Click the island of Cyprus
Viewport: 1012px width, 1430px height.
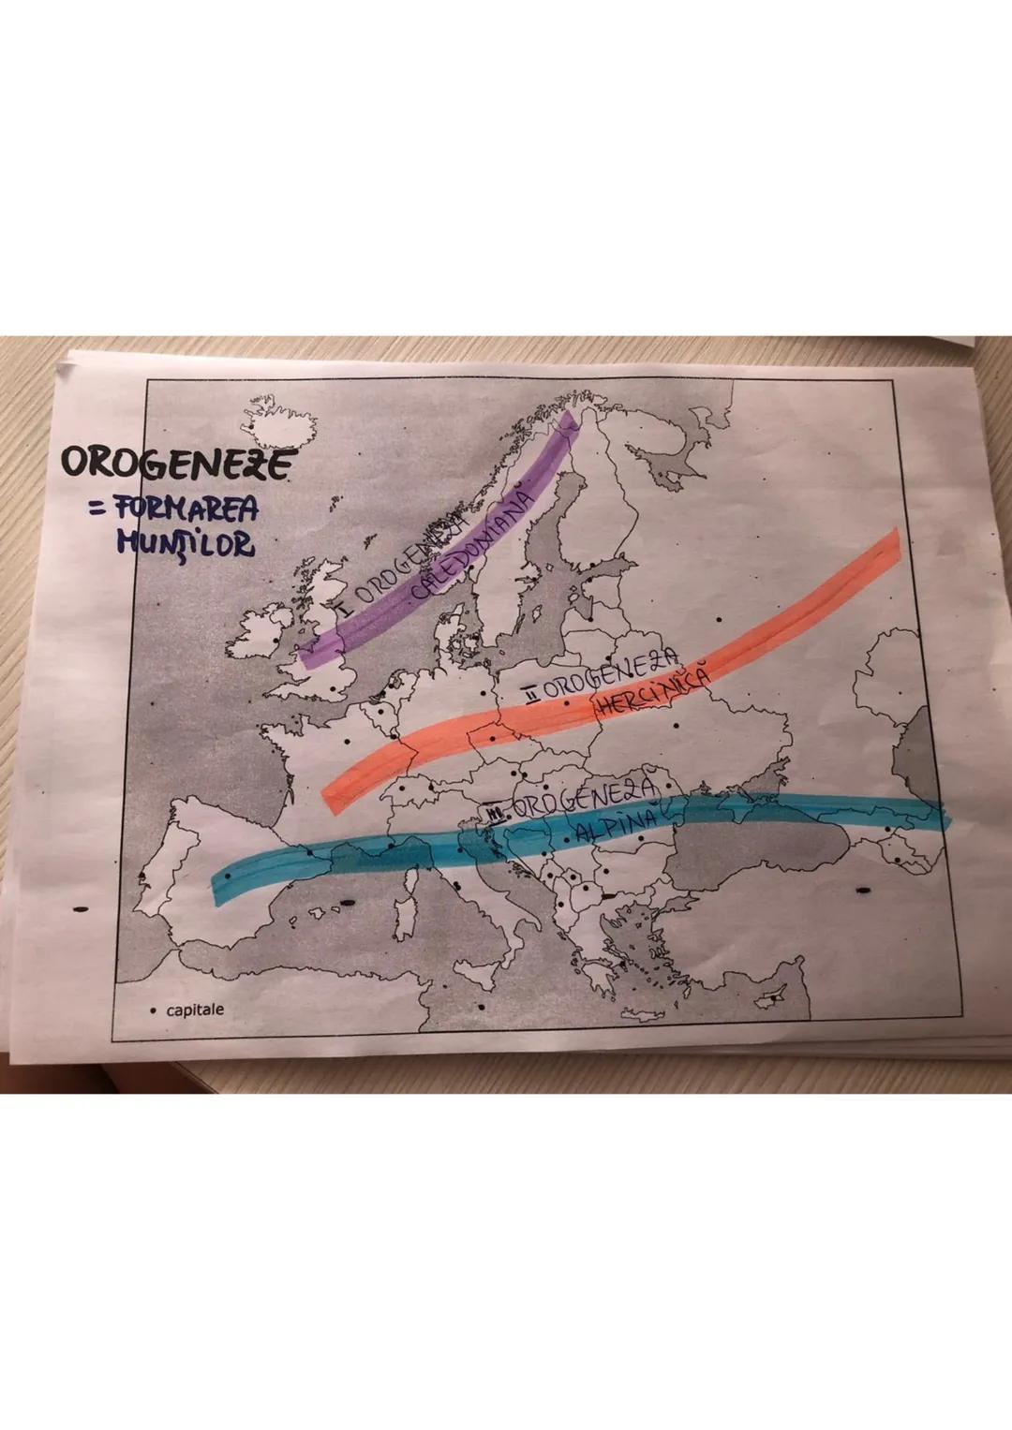point(774,997)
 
